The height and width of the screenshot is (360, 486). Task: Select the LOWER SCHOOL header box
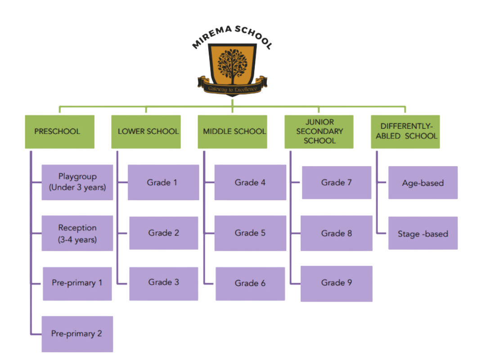click(146, 131)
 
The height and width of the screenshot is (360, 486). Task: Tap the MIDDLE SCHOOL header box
click(232, 131)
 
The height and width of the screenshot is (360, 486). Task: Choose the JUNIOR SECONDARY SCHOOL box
click(319, 131)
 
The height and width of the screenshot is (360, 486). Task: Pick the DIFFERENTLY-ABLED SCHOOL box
click(405, 131)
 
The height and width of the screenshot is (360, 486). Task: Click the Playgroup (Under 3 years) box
click(77, 182)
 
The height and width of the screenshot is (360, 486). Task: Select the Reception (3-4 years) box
click(77, 233)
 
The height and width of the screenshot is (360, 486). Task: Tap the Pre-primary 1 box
click(77, 283)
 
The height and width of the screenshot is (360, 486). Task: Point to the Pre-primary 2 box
click(77, 334)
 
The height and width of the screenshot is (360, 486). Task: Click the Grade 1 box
click(163, 182)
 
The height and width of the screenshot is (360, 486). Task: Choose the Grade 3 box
click(164, 283)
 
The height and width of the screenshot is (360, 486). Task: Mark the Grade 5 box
click(250, 233)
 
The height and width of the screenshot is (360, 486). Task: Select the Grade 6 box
click(250, 283)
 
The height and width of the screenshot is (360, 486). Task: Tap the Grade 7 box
click(337, 182)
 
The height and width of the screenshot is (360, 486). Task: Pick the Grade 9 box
click(337, 283)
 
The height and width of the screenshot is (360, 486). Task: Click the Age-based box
click(423, 183)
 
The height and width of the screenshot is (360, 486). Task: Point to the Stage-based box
click(423, 233)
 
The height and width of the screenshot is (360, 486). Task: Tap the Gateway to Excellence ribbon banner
click(232, 89)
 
